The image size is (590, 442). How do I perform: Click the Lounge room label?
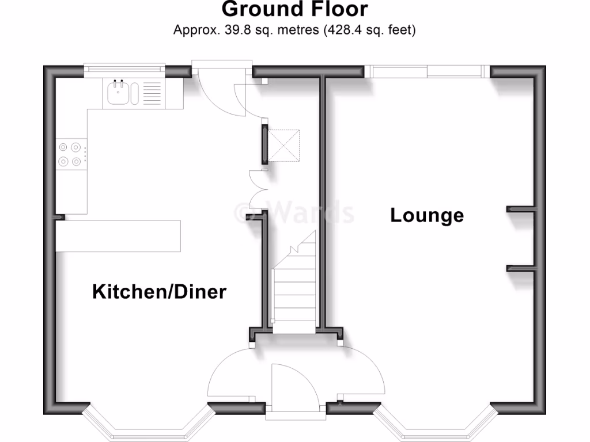[427, 215]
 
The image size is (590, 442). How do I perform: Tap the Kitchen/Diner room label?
[160, 292]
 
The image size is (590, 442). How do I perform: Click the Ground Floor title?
[294, 10]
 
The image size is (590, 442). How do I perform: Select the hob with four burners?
[69, 154]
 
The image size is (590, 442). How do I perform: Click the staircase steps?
[294, 288]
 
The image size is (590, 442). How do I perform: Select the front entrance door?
[295, 387]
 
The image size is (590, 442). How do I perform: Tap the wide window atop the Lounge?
[427, 71]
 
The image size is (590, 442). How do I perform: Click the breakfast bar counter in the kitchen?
[119, 235]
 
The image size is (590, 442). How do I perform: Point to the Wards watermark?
[294, 212]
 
